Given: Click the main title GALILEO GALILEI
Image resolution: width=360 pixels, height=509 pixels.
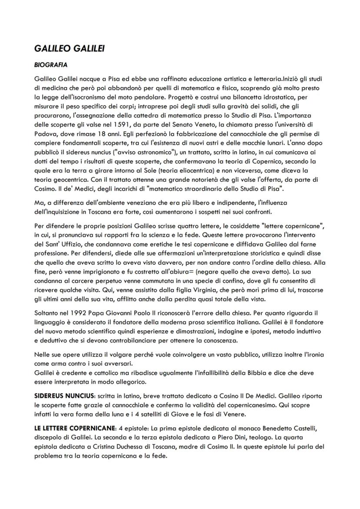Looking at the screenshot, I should click(x=69, y=49).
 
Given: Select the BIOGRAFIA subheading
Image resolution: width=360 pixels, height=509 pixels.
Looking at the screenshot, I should click(x=50, y=65).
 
